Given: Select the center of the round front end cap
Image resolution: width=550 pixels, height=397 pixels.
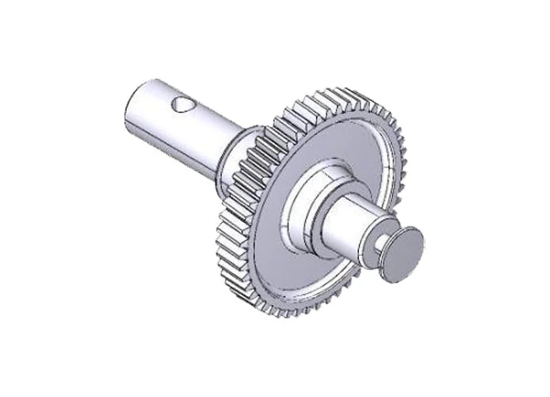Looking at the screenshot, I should pos(403,254).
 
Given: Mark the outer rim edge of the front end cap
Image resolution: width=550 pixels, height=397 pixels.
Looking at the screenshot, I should pos(419,238).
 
